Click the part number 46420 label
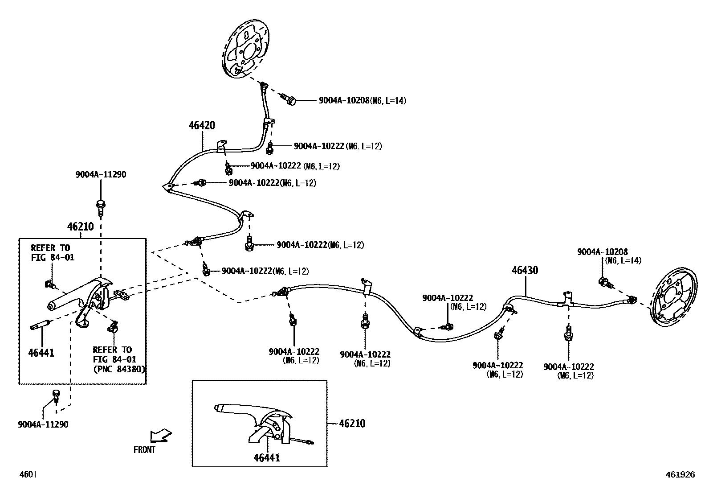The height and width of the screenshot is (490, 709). point(202,126)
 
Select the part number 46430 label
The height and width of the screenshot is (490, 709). point(525,271)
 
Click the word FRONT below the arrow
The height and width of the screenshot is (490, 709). point(144,450)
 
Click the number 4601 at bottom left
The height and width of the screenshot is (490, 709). point(28,474)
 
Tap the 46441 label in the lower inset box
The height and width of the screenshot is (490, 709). point(267,457)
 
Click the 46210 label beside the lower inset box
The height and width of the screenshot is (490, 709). point(352,424)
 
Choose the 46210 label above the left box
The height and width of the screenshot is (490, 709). point(81,226)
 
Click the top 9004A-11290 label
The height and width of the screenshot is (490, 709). point(100,175)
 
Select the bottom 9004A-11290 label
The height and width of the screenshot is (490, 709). point(43,424)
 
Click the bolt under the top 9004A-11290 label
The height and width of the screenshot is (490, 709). point(100,206)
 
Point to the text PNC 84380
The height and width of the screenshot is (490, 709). point(119,369)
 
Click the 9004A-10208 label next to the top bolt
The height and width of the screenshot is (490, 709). point(344,101)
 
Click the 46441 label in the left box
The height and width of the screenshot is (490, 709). point(41,353)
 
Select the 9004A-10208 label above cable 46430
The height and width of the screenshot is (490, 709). point(603,252)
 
